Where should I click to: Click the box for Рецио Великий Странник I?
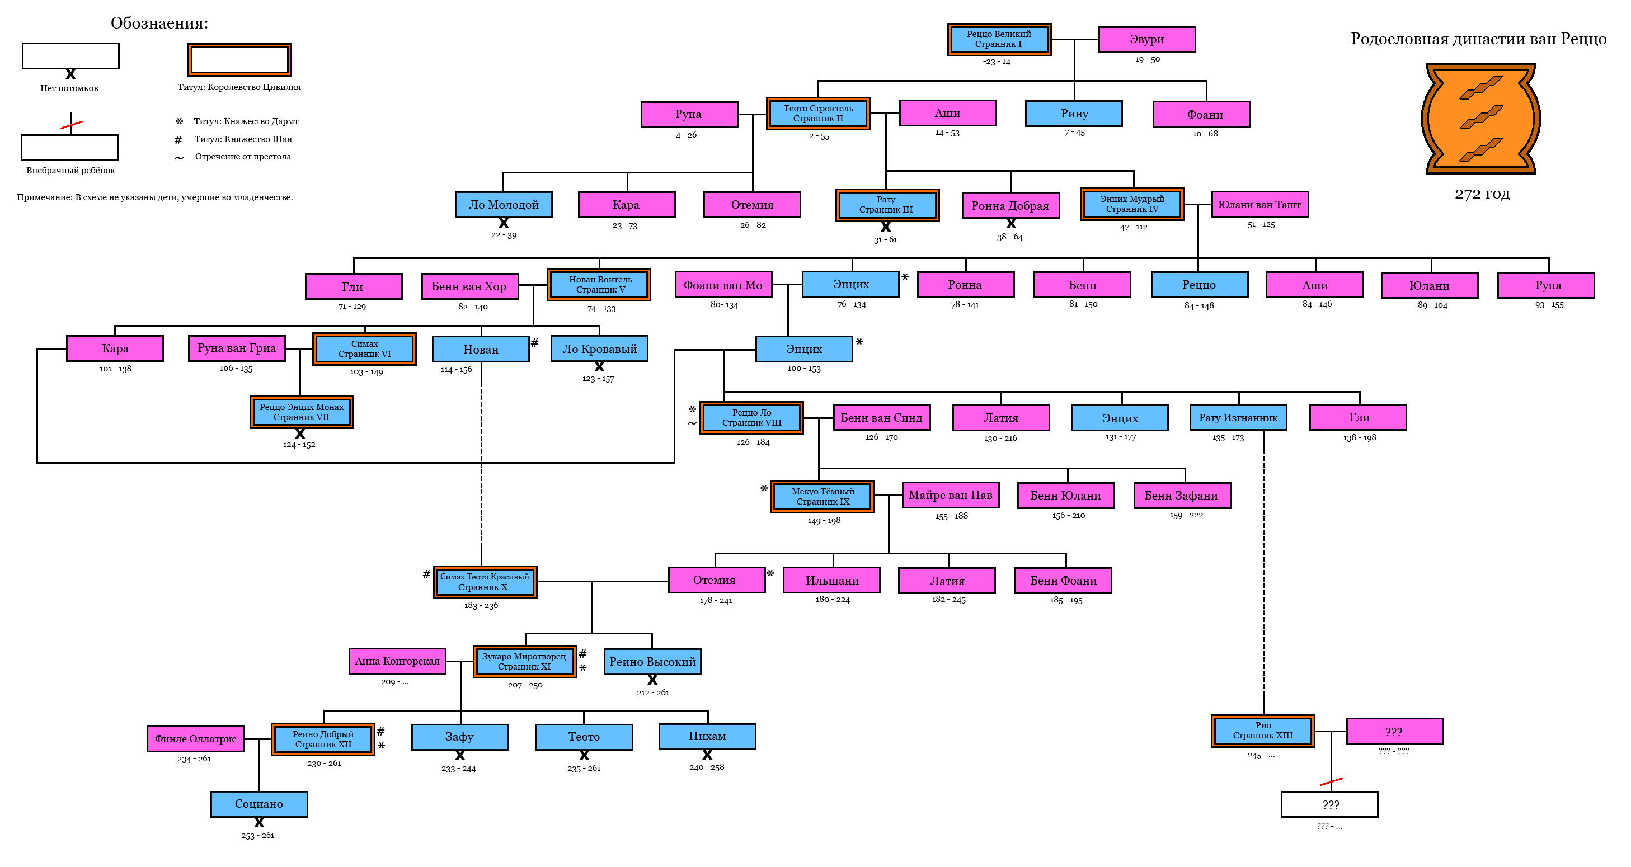point(999,39)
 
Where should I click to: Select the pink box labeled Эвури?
point(1146,39)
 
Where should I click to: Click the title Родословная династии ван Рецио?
point(1478,39)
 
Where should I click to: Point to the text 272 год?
point(1482,194)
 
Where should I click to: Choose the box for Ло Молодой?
point(504,204)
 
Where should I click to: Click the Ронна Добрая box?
point(1010,206)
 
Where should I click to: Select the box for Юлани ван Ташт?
point(1259,204)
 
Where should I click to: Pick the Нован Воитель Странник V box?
point(599,285)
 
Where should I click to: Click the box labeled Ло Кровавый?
point(599,348)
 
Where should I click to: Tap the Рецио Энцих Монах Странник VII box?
point(302,412)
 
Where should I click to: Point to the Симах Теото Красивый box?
point(485,582)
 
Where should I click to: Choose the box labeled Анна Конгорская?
point(397,661)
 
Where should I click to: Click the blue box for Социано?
point(259,804)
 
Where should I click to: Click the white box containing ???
point(1329,804)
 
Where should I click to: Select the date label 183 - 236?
point(481,606)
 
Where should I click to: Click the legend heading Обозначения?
point(159,23)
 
